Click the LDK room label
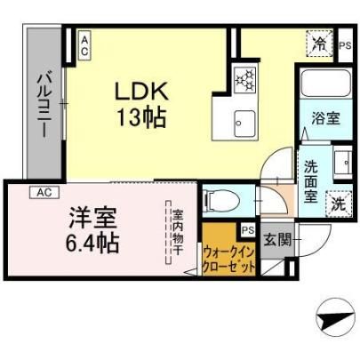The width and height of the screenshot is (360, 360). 141,91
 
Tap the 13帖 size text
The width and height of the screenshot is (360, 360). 141,117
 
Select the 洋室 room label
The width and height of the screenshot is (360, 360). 92,218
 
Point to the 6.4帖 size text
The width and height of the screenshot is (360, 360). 92,243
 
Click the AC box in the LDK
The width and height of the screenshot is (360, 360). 84,46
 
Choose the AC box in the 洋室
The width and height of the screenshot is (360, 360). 44,192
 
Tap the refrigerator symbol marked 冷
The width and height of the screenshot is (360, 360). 319,44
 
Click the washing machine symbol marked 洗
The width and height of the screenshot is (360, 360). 339,204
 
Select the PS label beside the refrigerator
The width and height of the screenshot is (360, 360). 345,45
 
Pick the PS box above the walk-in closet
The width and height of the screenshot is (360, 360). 248,230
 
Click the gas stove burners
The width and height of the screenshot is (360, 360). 244,79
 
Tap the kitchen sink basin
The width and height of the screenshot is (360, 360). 244,124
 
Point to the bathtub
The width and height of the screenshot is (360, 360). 325,83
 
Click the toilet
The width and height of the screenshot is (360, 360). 220,201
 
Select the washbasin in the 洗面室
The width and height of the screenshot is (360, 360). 342,163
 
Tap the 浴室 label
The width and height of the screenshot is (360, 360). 325,118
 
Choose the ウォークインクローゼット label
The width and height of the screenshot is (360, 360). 228,260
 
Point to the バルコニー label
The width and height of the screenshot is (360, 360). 44,106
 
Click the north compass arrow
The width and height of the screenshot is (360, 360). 335,319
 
